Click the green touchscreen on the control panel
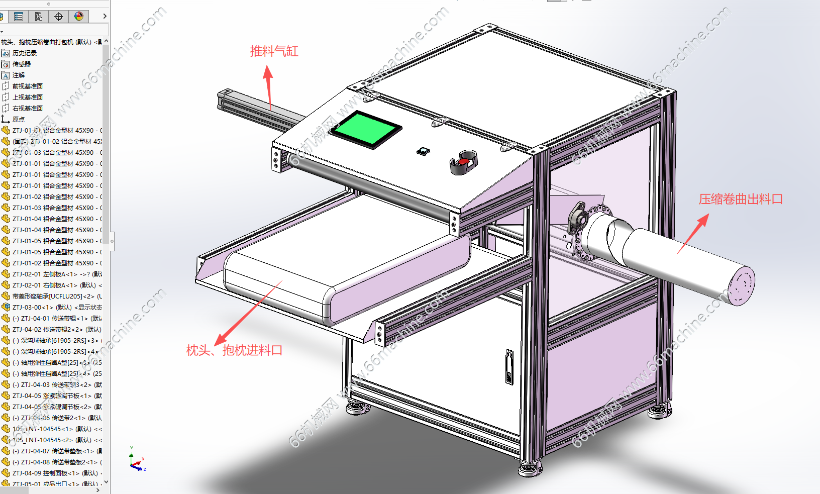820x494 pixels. (365, 129)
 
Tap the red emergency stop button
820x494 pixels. (463, 162)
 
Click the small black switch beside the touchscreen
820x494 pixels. (423, 151)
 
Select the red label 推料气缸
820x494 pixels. (274, 51)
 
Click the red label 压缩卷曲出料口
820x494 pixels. (740, 200)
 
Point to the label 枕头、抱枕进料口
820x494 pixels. (234, 350)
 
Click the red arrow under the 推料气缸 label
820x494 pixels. (269, 85)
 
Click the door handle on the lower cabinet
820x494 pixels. (509, 367)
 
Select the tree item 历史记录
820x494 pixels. (24, 53)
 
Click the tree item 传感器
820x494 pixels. (22, 64)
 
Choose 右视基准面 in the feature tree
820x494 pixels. (27, 109)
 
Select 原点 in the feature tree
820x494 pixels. (19, 120)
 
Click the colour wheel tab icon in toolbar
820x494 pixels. (79, 17)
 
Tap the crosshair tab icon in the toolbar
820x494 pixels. (59, 17)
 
